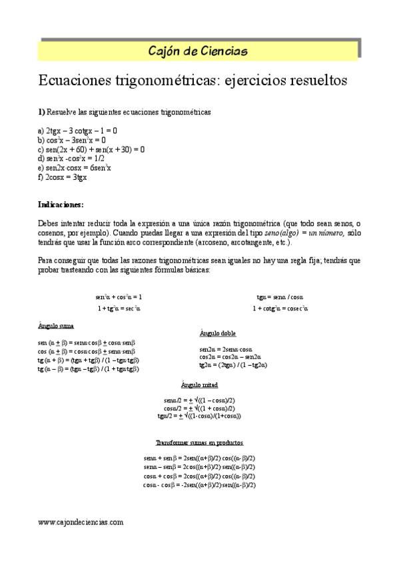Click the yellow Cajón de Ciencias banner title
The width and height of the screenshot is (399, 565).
pyautogui.click(x=199, y=51)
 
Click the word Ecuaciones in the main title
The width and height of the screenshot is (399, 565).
pyautogui.click(x=77, y=81)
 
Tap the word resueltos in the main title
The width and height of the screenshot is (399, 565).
pyautogui.click(x=314, y=81)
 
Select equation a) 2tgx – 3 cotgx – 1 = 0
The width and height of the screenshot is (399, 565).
pyautogui.click(x=78, y=131)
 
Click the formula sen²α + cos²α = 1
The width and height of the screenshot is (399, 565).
pyautogui.click(x=119, y=296)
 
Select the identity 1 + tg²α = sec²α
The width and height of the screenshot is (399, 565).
pyautogui.click(x=119, y=308)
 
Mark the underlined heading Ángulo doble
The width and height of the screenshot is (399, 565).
pyautogui.click(x=218, y=333)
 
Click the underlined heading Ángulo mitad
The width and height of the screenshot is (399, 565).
pyautogui.click(x=199, y=385)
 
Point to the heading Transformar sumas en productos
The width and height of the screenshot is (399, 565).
pyautogui.click(x=199, y=442)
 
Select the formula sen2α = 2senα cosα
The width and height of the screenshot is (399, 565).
pyautogui.click(x=226, y=349)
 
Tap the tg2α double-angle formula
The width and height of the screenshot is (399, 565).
pyautogui.click(x=233, y=365)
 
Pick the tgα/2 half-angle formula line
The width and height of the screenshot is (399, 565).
pyautogui.click(x=199, y=416)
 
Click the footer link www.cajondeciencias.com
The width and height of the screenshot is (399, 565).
pyautogui.click(x=81, y=523)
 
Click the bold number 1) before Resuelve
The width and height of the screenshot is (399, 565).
pyautogui.click(x=41, y=113)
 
